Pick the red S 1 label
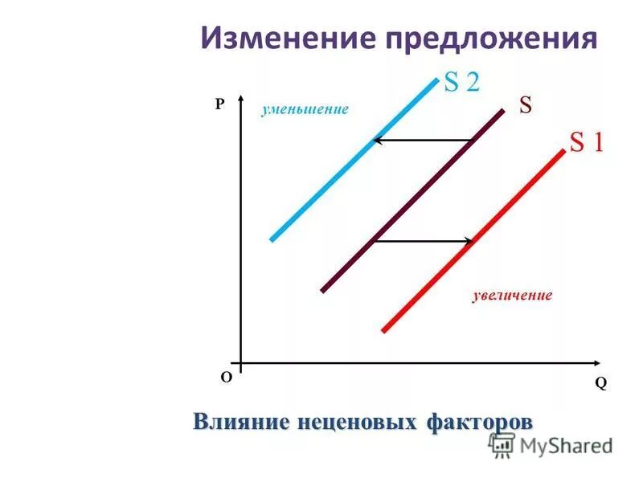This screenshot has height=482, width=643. click(586, 142)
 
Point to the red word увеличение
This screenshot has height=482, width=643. click(512, 296)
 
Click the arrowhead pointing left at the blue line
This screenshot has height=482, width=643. click(376, 141)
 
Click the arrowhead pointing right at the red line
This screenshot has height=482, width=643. click(470, 240)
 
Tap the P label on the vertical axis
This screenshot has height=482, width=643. click(218, 104)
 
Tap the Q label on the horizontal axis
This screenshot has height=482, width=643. click(600, 383)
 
